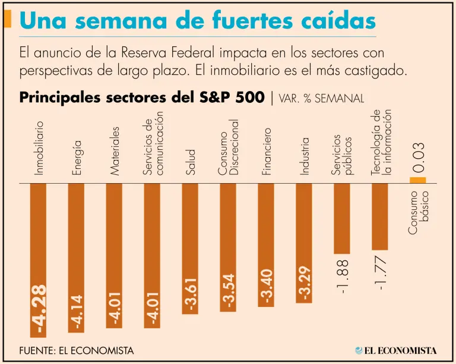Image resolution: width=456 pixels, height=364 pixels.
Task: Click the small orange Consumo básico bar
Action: (x=418, y=180)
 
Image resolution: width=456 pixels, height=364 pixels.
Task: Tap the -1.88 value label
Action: (x=343, y=275)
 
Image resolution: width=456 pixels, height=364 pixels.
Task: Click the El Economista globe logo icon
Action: (x=360, y=350)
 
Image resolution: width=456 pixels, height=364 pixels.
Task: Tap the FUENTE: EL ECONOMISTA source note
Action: (x=76, y=350)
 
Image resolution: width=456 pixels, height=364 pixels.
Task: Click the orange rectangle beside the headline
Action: (x=8, y=20)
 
